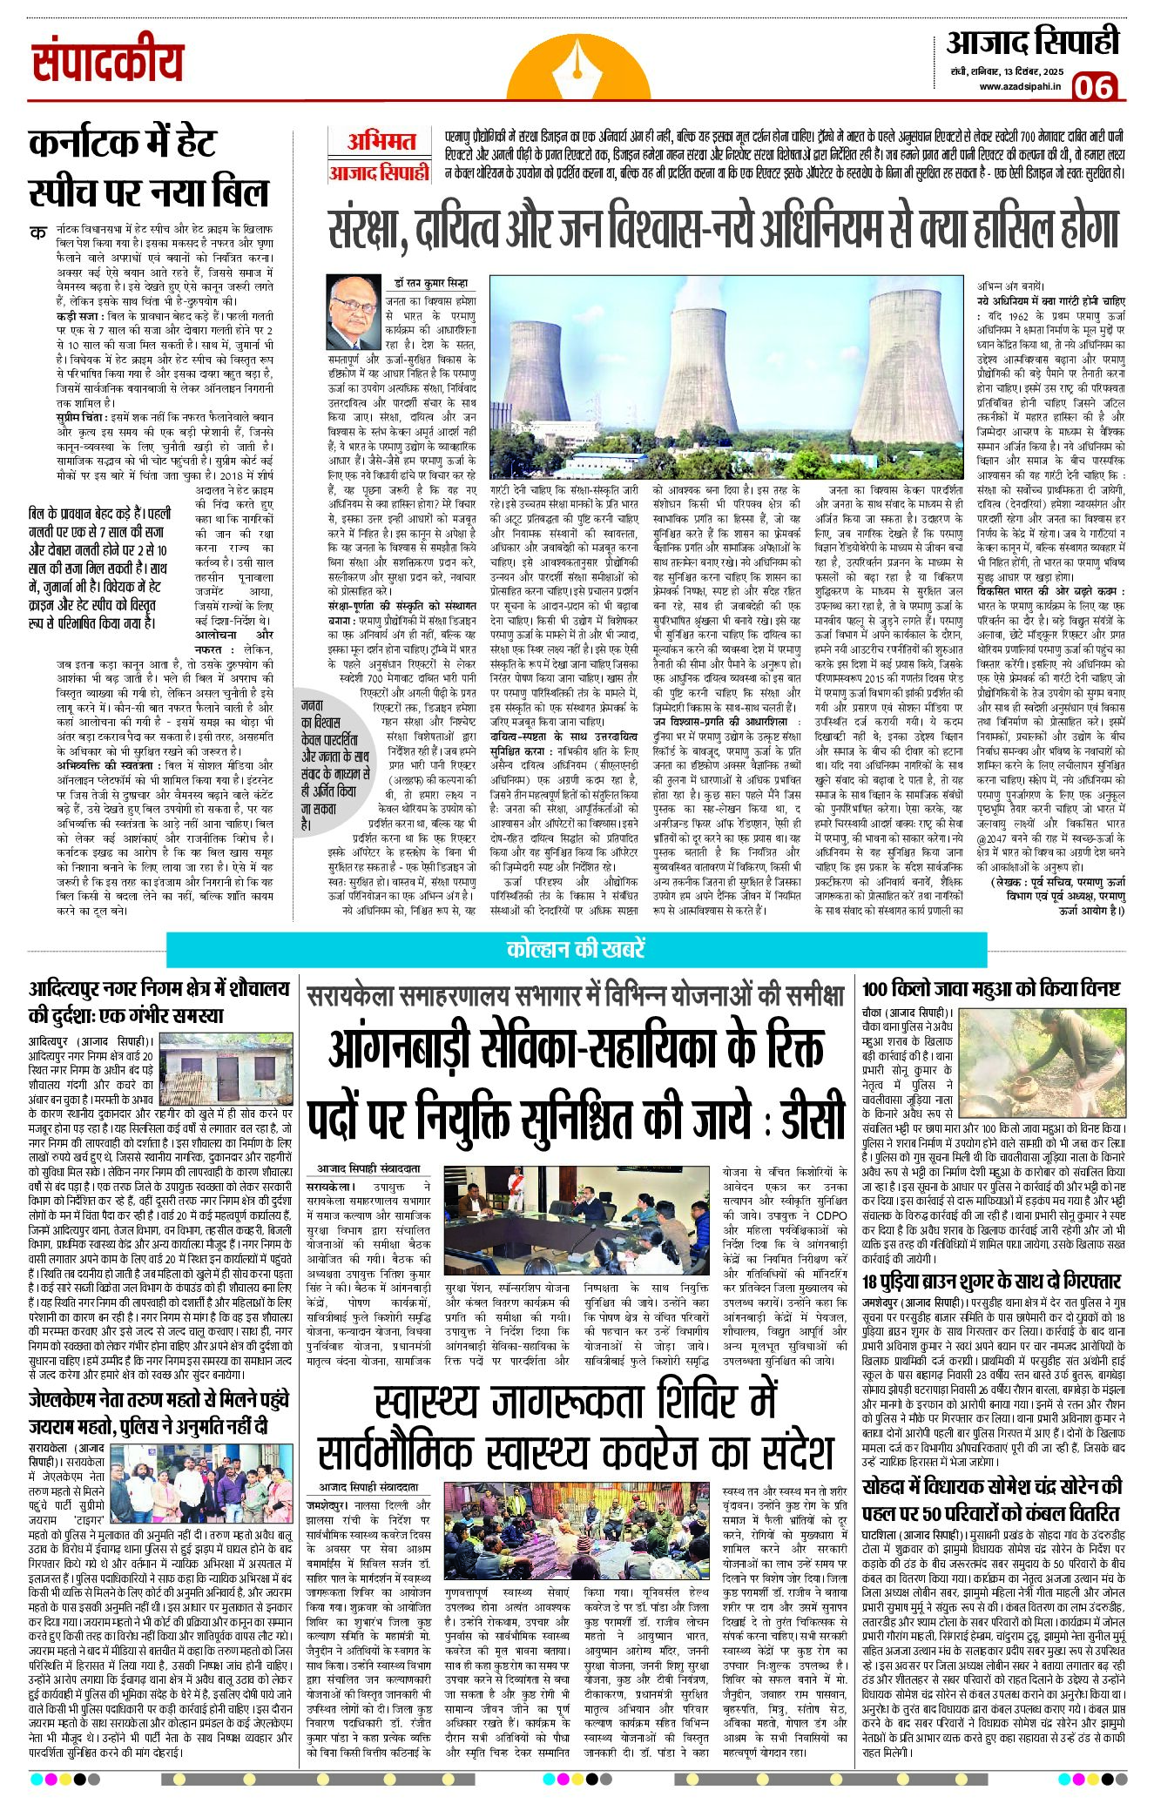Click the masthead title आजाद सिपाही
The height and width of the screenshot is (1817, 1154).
1031,42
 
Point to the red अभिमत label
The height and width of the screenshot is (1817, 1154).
381,141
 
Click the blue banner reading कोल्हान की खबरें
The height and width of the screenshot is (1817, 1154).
576,948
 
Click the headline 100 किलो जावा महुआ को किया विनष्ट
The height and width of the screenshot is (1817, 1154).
991,989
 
